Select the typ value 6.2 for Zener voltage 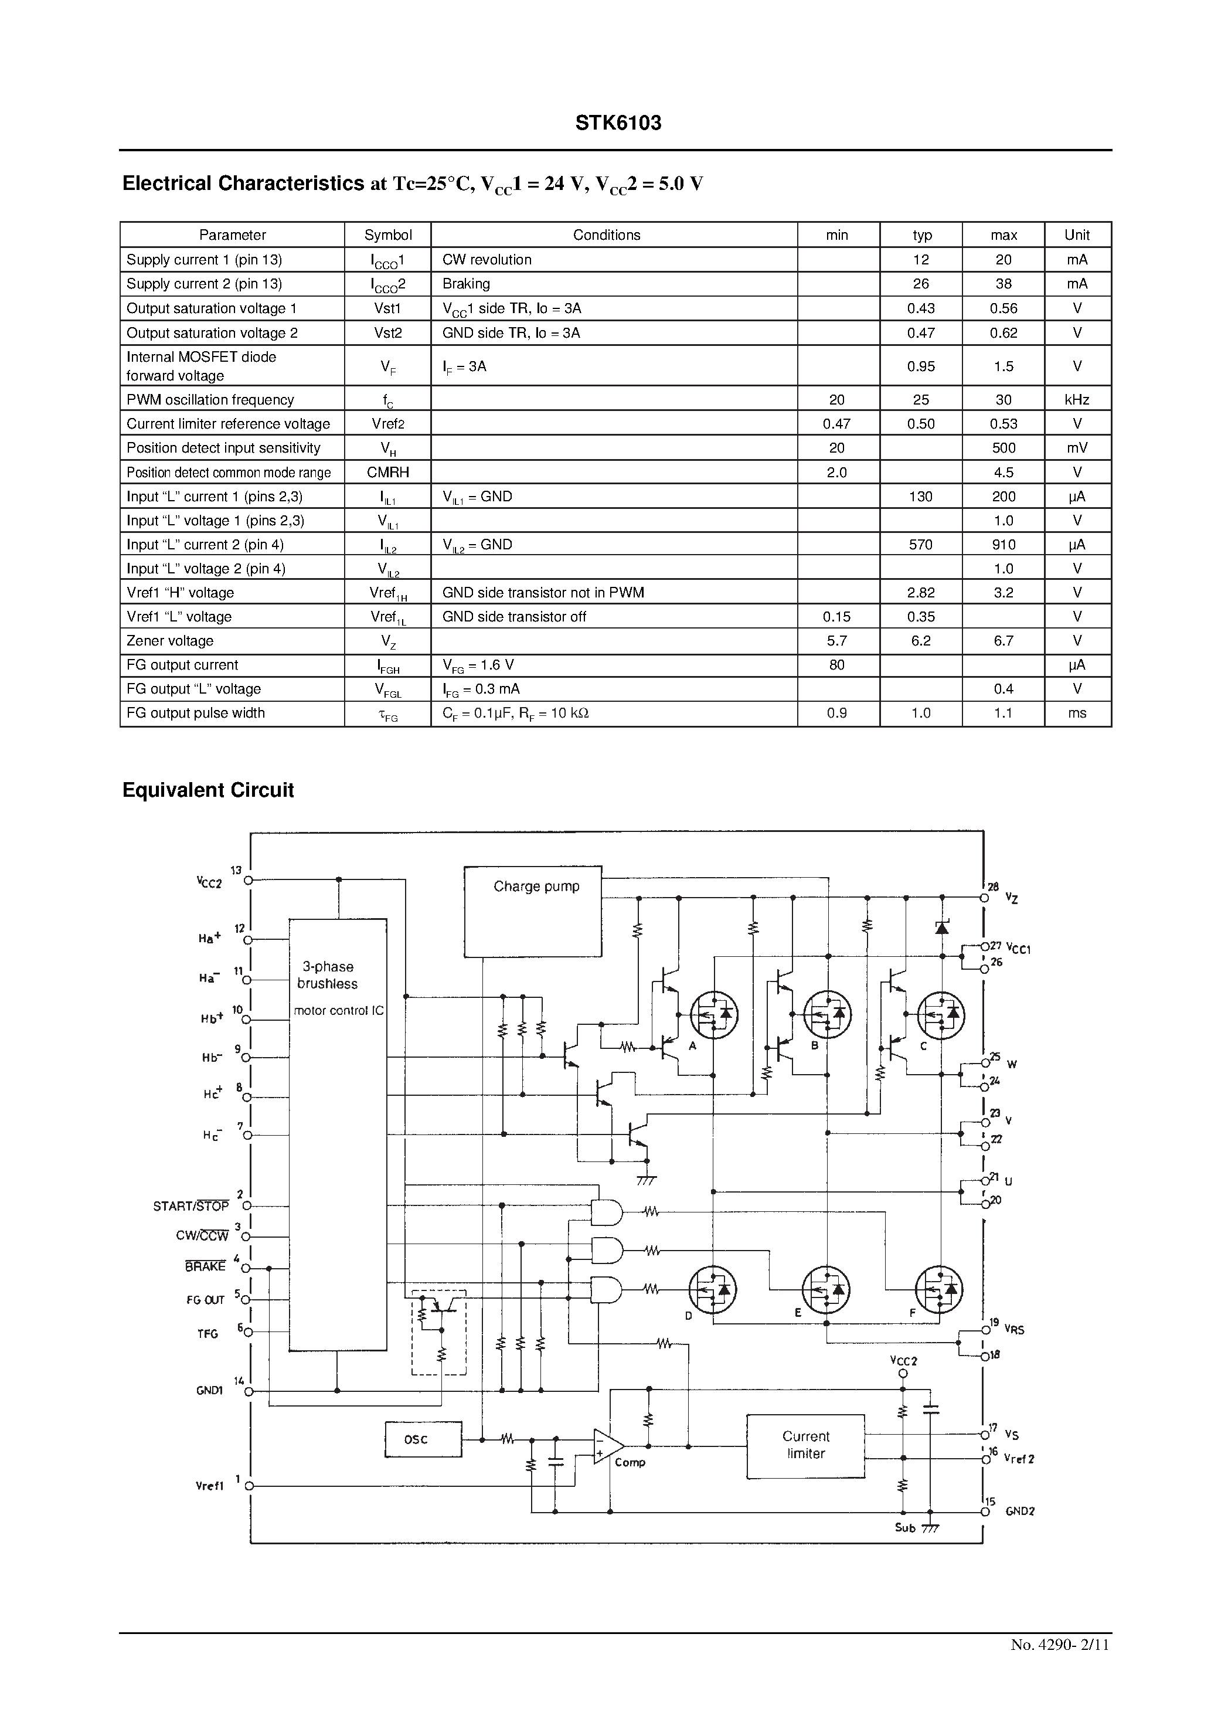[x=920, y=640]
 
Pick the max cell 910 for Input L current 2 [x=1003, y=544]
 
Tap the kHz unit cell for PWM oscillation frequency [x=1077, y=400]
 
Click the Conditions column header [x=606, y=235]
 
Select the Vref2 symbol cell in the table [x=388, y=423]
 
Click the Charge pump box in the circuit [x=532, y=911]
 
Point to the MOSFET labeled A [x=713, y=1014]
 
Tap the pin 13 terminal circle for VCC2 [x=249, y=880]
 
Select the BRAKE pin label [x=205, y=1266]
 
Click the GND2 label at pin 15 [x=1019, y=1511]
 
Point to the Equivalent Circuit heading [x=208, y=790]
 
